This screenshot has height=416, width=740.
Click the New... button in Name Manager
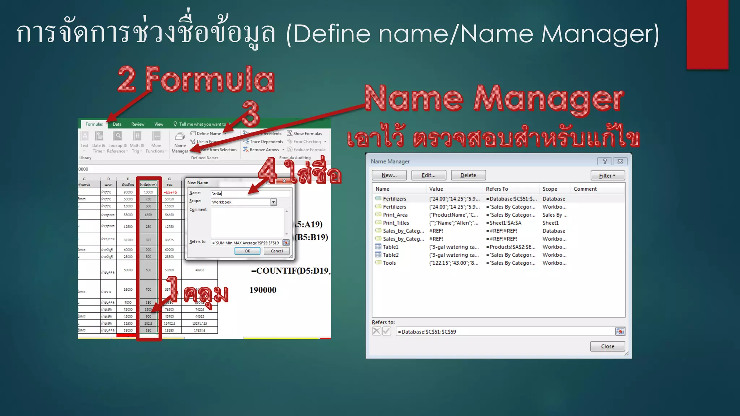click(389, 175)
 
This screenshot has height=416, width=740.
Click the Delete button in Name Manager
click(468, 175)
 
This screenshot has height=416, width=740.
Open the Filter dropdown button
click(607, 175)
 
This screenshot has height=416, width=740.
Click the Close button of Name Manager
click(607, 346)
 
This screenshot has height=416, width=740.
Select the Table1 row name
click(390, 247)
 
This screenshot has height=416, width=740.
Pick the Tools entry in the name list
click(389, 263)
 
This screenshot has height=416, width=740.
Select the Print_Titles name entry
click(396, 223)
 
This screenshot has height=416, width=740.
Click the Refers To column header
click(497, 189)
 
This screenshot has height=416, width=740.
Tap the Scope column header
click(550, 189)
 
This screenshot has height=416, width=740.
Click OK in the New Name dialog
click(247, 251)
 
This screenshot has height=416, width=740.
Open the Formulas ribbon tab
click(94, 124)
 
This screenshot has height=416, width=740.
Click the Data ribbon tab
click(117, 124)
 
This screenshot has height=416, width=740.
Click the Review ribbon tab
click(138, 124)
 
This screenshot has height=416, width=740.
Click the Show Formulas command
click(307, 134)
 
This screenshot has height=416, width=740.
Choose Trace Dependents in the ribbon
click(266, 142)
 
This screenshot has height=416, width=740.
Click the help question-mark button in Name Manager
click(605, 161)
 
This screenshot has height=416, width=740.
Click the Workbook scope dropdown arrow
click(274, 202)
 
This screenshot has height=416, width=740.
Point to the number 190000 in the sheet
click(263, 290)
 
